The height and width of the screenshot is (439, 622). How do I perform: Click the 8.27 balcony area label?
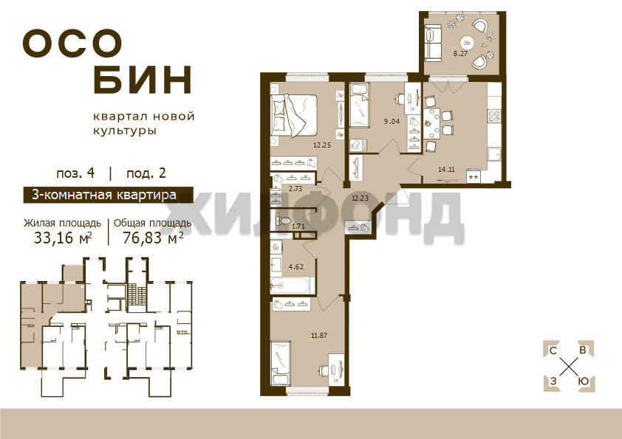460,54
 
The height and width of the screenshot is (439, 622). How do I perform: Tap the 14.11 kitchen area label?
446,170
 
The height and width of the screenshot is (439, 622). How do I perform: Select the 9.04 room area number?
392,122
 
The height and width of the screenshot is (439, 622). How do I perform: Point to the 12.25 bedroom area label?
322,145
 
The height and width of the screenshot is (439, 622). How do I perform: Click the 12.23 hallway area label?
360,198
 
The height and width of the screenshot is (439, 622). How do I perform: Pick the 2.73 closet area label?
295,189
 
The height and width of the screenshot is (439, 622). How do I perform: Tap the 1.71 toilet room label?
298,227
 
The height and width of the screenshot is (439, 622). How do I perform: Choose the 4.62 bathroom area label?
296,266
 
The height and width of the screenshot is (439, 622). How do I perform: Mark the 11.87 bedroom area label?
319,335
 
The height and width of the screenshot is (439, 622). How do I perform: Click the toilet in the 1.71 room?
281,221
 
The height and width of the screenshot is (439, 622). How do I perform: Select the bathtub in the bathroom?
293,286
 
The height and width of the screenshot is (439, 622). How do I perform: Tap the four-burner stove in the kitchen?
494,116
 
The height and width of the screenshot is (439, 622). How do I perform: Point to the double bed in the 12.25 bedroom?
294,115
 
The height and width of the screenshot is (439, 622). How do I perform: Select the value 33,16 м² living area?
63,238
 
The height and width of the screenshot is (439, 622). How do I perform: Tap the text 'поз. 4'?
75,173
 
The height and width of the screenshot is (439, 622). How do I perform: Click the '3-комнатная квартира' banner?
109,195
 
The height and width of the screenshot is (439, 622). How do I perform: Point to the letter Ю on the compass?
583,381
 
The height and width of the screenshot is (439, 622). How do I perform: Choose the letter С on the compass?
553,350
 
